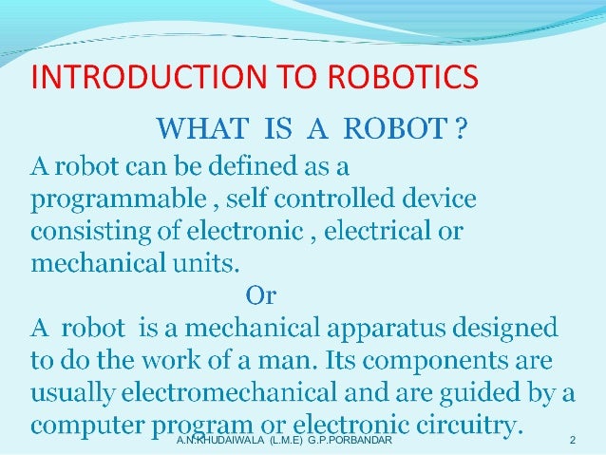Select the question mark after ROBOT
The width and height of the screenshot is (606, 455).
point(461,126)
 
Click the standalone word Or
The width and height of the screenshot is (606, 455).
point(261,296)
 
